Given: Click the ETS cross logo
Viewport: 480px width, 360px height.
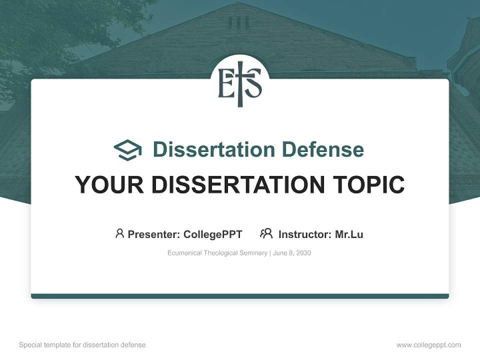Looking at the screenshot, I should pos(240,83).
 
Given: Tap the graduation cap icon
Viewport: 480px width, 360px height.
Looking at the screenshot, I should pos(127,149).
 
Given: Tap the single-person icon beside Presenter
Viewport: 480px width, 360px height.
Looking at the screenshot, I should pos(119,233).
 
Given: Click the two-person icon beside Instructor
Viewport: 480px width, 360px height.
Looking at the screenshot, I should pos(266,233).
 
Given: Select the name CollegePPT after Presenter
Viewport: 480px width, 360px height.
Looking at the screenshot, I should pos(213,234).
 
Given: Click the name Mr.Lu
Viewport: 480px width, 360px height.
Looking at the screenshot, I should pos(349,234).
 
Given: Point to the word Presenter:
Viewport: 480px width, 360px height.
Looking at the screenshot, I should pos(154,234).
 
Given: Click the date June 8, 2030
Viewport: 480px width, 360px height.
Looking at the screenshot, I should pos(292,253).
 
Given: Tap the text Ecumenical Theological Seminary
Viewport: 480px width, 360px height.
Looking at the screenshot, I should pos(217,253).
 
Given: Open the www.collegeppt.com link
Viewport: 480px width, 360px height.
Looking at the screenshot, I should pos(428,345).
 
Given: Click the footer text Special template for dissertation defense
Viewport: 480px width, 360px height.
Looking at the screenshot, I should pos(82,345).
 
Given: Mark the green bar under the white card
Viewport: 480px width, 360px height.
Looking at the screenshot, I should pos(240,296).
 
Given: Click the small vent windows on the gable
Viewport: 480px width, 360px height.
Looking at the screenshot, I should pos(238,22).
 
